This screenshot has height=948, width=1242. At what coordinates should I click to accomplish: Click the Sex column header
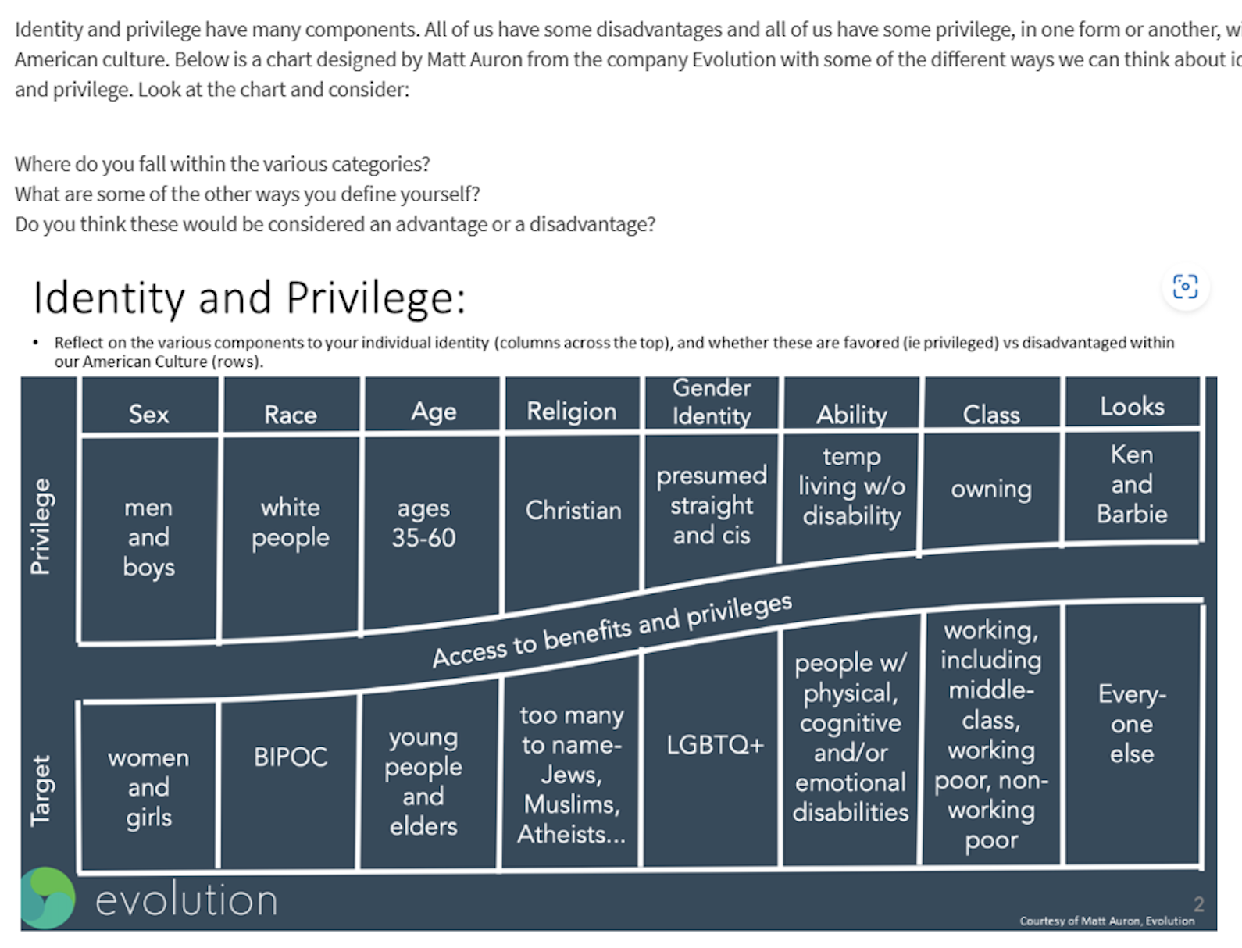tap(148, 413)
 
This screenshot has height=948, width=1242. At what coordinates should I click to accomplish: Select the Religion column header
tap(571, 411)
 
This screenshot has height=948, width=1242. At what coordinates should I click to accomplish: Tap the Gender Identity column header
tap(711, 401)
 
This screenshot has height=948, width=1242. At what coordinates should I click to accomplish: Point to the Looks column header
tap(1132, 405)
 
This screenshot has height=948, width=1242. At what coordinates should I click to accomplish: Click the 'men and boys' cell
tap(148, 537)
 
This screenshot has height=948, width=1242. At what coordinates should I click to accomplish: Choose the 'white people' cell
tap(290, 522)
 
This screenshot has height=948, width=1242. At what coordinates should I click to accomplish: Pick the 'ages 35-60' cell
tap(423, 523)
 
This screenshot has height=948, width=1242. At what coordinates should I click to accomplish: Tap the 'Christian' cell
tap(573, 510)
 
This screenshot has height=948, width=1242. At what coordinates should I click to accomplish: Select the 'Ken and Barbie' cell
tap(1132, 484)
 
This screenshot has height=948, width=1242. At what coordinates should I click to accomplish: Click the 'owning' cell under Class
tap(990, 489)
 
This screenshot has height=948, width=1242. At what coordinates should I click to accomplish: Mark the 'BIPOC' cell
tap(290, 757)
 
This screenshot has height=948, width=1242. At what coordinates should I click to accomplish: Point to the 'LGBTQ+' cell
tap(714, 744)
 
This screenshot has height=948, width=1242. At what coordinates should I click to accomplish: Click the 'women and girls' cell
tap(148, 787)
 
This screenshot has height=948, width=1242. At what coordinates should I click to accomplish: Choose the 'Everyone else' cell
tap(1132, 724)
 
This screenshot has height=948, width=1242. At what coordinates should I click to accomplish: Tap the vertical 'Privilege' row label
tap(40, 526)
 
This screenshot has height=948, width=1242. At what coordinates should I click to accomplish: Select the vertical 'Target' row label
tap(40, 790)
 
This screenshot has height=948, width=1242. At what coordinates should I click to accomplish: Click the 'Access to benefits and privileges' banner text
tap(612, 630)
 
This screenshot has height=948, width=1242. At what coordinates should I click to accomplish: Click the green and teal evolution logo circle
tap(48, 898)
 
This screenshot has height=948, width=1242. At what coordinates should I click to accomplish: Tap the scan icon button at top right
tap(1185, 287)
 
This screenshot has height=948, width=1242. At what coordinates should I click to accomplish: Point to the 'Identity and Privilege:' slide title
tap(249, 298)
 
